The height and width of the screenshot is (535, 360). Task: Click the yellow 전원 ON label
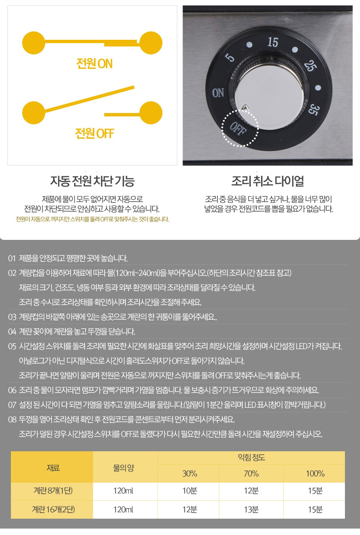coord(94,64)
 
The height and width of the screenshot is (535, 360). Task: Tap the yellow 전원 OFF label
coord(95,134)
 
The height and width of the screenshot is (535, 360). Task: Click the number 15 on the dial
coord(273,42)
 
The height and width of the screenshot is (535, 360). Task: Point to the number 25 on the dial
coord(310,66)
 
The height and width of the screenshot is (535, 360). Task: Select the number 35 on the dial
coord(312,109)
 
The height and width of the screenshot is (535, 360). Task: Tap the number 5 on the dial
coord(230,57)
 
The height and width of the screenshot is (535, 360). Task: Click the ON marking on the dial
coord(218,93)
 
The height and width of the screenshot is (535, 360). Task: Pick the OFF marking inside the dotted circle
coord(238,129)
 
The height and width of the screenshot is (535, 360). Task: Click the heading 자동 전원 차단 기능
coord(92,181)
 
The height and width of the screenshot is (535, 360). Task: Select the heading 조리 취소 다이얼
coord(267,181)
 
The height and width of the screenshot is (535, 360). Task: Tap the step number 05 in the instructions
coord(12,346)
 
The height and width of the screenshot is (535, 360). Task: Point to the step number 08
coord(12,419)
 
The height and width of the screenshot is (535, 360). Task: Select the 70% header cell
coord(251,473)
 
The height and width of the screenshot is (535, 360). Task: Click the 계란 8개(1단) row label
coord(53,491)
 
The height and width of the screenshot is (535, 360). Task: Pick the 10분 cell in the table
coord(190,491)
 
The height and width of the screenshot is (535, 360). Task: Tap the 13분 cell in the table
coord(251,509)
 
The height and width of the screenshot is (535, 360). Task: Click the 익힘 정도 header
coord(251,458)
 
